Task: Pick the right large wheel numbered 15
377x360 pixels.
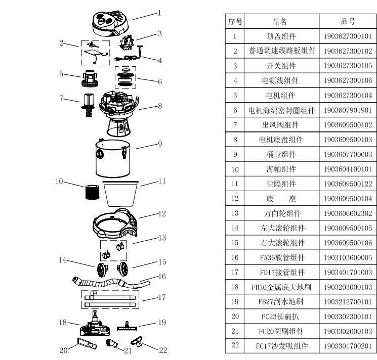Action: (x=123, y=269)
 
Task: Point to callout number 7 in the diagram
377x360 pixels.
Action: (x=62, y=98)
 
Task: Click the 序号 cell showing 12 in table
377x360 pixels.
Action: (x=235, y=199)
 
